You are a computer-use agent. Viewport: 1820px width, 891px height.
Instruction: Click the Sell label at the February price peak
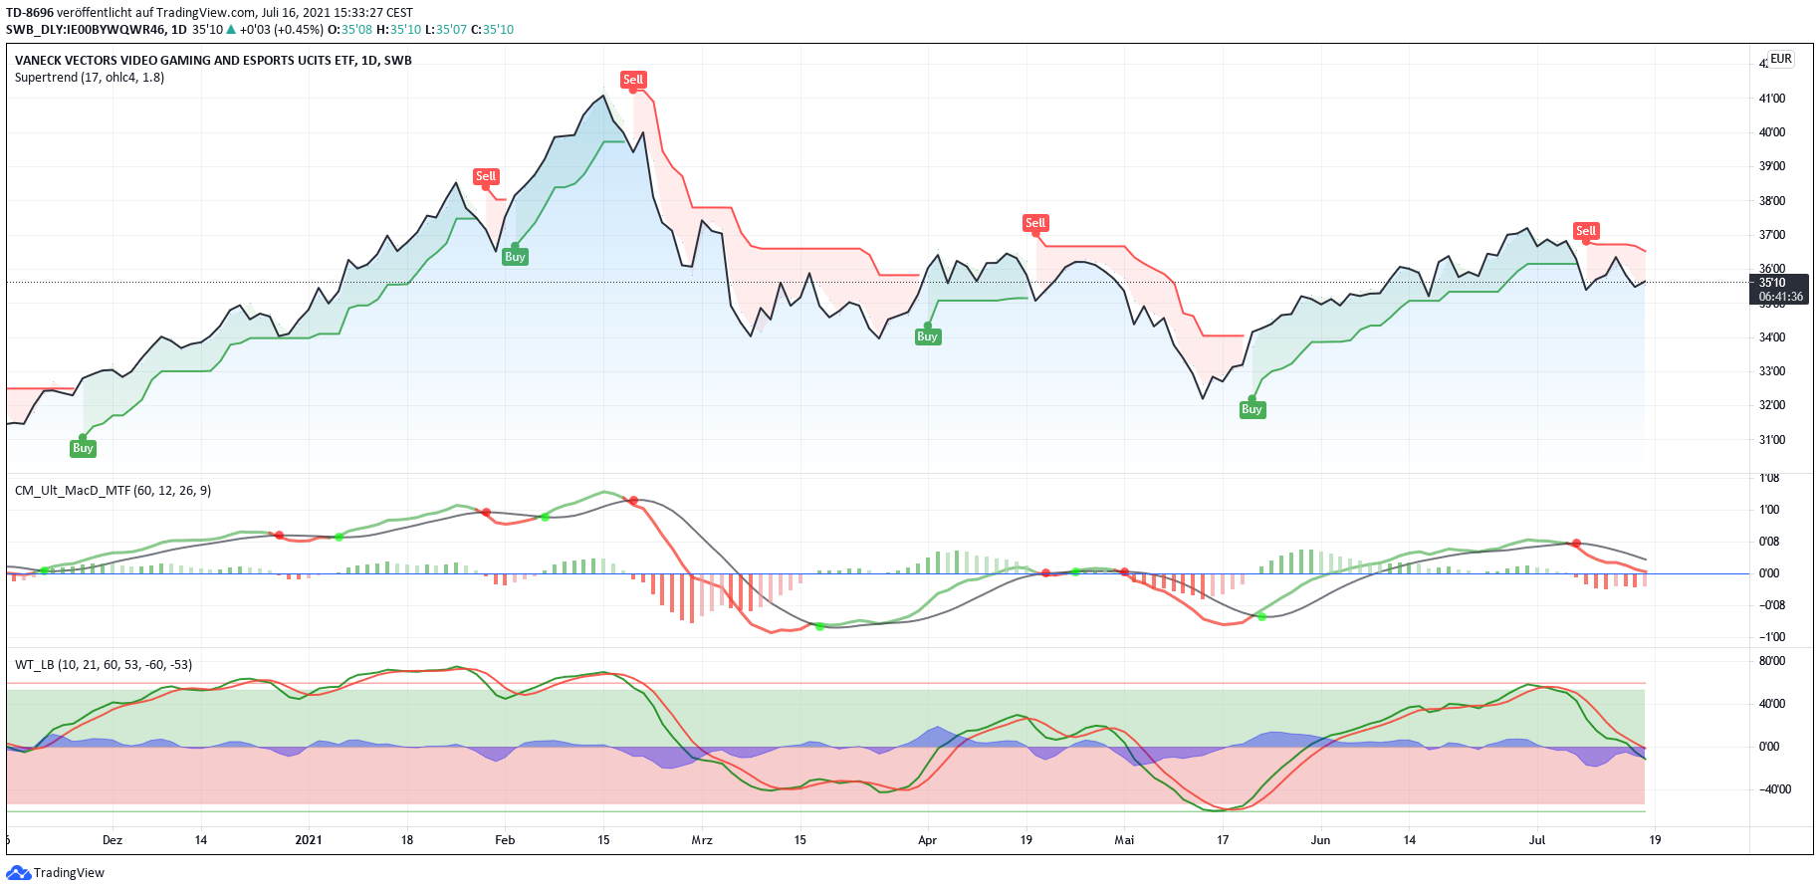pos(633,80)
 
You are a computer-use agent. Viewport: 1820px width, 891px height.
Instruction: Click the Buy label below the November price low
pos(83,448)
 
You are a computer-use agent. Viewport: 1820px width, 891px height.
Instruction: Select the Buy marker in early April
pos(927,336)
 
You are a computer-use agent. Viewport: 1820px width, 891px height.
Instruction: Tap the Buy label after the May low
pos(1251,409)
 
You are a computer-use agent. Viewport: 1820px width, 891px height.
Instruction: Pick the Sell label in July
pos(1586,231)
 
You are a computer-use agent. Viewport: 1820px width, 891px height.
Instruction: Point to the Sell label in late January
pos(486,176)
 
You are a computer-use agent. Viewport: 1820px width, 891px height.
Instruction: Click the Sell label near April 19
pos(1035,223)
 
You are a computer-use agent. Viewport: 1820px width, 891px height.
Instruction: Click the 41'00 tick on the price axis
pos(1772,99)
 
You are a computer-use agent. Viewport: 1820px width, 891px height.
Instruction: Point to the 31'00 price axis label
pos(1772,440)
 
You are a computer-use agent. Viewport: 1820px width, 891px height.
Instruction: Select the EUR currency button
pos(1781,59)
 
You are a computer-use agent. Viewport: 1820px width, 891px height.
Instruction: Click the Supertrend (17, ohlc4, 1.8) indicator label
pos(90,78)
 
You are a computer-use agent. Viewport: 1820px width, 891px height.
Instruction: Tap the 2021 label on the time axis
pos(309,840)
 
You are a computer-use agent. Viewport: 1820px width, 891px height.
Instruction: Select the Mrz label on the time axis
pos(702,840)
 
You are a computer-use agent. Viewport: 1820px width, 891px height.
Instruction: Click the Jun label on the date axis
pos(1320,840)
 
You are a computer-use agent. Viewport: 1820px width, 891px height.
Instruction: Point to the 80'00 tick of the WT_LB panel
pos(1772,661)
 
